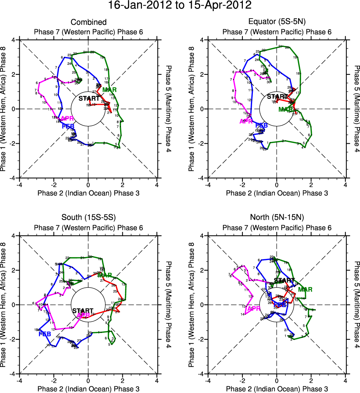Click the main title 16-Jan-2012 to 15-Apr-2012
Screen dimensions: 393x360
pos(179,6)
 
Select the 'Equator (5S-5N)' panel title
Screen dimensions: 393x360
pos(277,23)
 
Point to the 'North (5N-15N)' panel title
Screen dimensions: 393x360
pos(277,218)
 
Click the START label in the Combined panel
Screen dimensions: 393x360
pos(89,99)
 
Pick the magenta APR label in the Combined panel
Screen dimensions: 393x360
pos(67,119)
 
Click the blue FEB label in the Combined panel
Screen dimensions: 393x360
pos(68,126)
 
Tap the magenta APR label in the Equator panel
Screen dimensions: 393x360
pos(246,121)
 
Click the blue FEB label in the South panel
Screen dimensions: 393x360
pos(44,334)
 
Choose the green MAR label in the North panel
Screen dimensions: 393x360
pos(305,289)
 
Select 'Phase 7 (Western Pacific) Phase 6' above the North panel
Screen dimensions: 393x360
pos(277,227)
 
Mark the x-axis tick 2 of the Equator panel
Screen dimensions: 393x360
pos(311,184)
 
